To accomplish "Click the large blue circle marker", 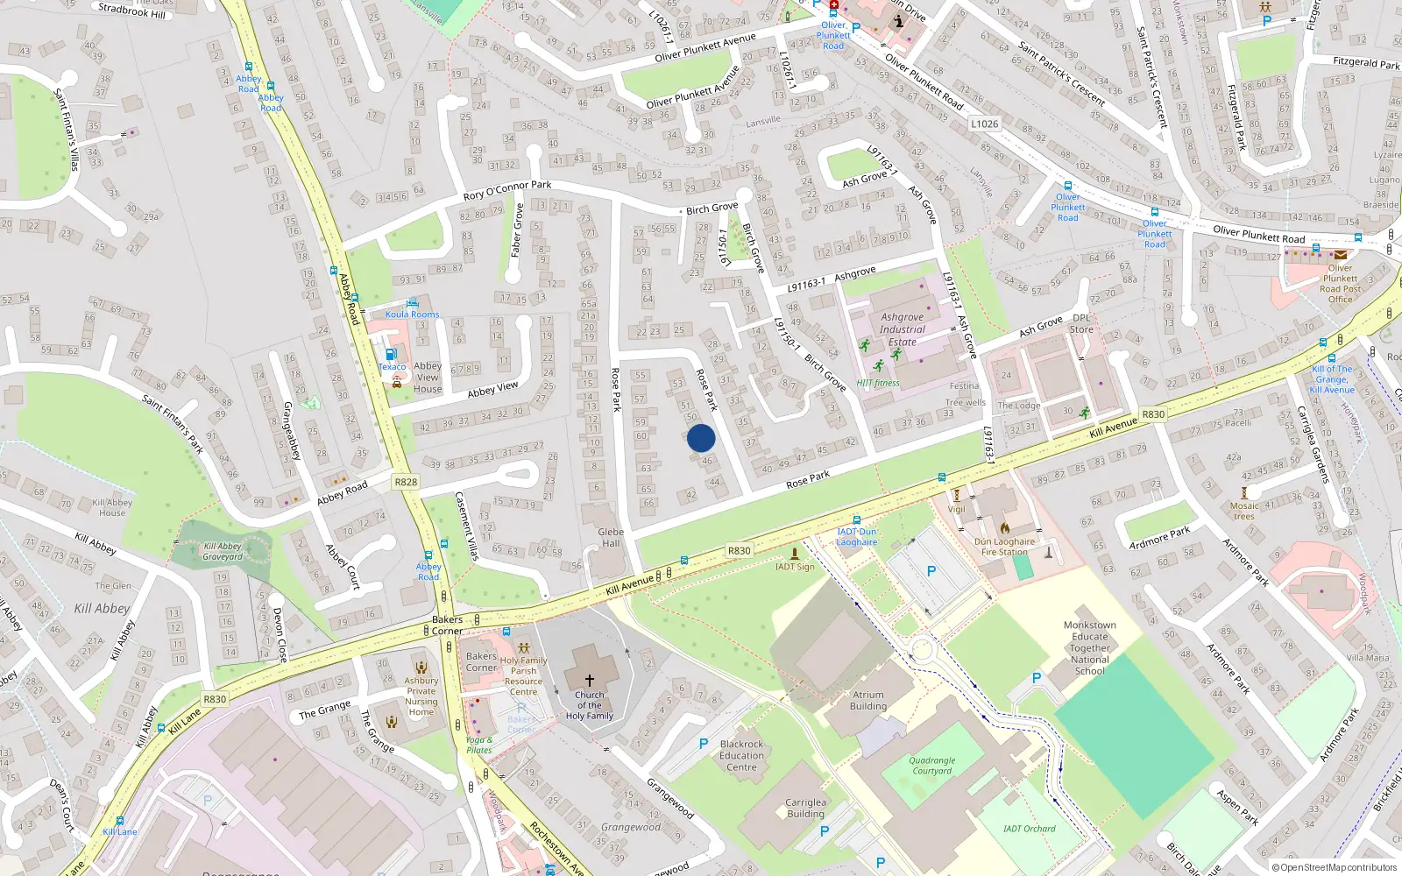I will [701, 438].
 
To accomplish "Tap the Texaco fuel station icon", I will [391, 355].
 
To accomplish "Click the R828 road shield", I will [406, 482].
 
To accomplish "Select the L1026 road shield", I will [984, 124].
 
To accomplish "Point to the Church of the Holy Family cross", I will [589, 681].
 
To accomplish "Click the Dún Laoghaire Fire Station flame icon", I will [1004, 527].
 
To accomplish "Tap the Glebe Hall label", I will [611, 537].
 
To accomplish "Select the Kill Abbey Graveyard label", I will [223, 551].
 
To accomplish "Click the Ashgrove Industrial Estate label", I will [902, 329].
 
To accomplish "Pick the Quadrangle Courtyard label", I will [931, 766].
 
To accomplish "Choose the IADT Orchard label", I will [1029, 828].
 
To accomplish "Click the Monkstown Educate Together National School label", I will [1089, 648].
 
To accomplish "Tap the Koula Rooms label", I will [412, 314].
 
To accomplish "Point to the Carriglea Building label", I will [805, 808].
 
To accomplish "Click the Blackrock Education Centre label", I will [741, 755].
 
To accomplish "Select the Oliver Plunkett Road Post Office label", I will [1340, 284].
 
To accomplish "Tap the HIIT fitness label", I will [878, 383].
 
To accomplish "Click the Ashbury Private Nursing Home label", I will [421, 696].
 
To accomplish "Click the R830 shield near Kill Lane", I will [215, 699].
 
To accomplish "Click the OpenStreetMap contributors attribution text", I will [1335, 867].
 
